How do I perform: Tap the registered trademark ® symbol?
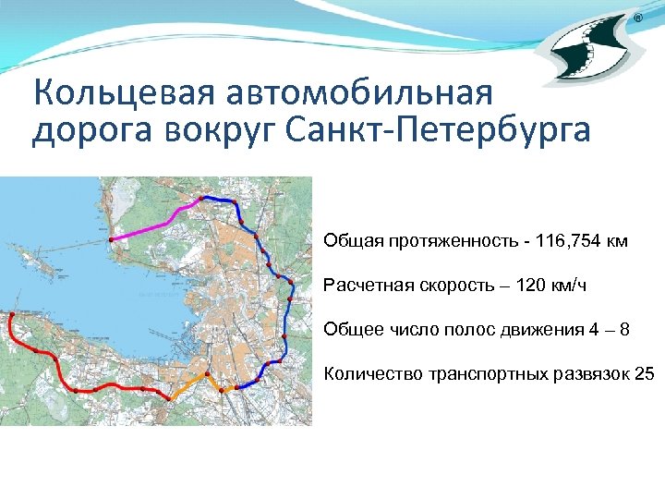(x=638, y=19)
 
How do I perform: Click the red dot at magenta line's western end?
(x=111, y=239)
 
